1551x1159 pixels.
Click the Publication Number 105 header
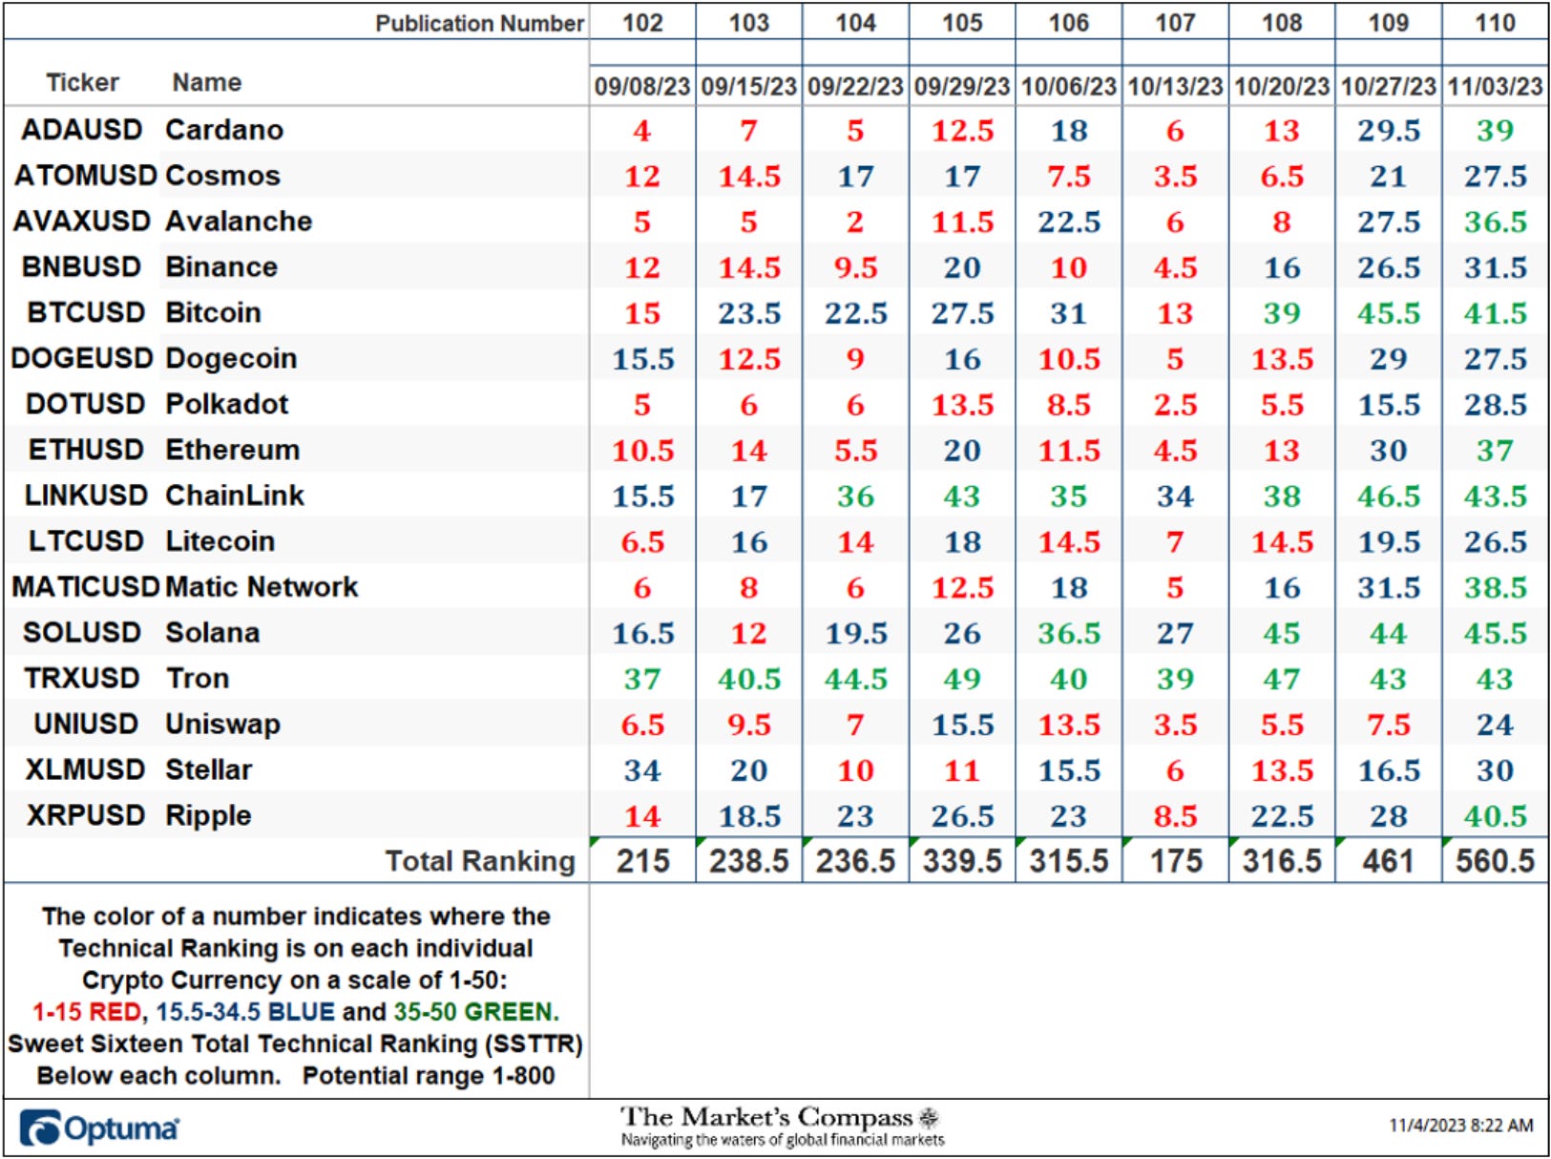(x=962, y=23)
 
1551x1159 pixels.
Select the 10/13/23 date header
(x=1175, y=86)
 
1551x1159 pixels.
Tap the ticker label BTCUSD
(x=86, y=312)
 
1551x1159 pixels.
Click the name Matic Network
(x=262, y=586)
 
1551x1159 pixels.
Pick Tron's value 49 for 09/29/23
(x=962, y=679)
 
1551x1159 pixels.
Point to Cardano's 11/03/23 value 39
(x=1495, y=131)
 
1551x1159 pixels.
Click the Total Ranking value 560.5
(x=1495, y=861)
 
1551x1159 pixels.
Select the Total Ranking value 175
(x=1176, y=861)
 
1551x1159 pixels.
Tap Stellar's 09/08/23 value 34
(x=642, y=770)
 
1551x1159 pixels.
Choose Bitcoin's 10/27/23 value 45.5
(x=1388, y=313)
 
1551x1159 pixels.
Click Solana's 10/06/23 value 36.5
(x=1068, y=633)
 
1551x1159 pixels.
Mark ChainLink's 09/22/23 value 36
(x=855, y=496)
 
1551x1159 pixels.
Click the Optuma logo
(x=99, y=1127)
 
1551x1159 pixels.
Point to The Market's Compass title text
(x=766, y=1117)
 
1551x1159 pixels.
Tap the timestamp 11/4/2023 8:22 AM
(x=1460, y=1125)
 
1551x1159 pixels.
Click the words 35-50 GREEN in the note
(x=475, y=1012)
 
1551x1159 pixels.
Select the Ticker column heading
(x=82, y=82)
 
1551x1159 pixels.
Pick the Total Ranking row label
(x=480, y=861)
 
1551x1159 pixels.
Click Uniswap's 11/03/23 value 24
(x=1495, y=725)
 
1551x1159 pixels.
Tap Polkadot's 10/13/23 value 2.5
(x=1175, y=405)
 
